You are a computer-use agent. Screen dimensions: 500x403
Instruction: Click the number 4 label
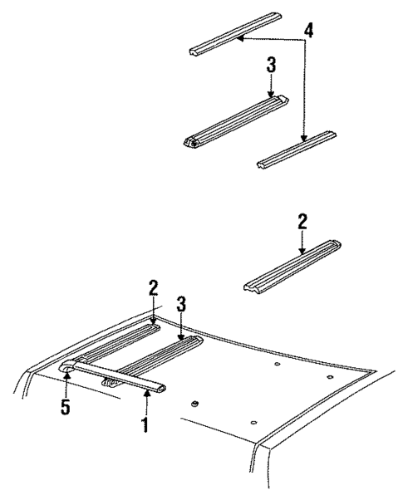tap(308, 32)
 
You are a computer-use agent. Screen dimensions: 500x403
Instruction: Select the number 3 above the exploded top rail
tap(271, 65)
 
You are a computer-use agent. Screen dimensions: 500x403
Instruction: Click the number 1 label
tap(146, 424)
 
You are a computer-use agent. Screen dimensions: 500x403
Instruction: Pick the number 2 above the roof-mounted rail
tap(153, 288)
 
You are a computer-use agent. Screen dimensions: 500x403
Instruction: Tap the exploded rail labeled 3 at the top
tap(237, 120)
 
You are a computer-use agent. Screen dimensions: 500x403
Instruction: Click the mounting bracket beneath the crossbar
tap(107, 383)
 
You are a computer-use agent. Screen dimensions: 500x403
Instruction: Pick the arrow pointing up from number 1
tap(146, 400)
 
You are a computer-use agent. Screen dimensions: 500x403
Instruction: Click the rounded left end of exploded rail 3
tap(193, 141)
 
